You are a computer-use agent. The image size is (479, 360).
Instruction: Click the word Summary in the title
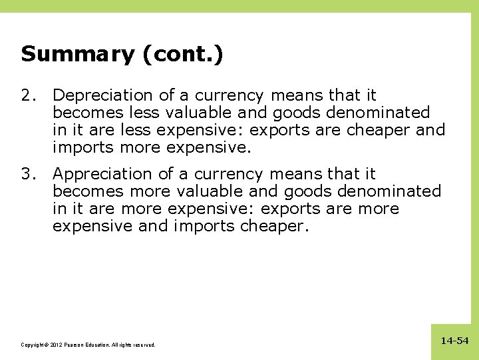[x=77, y=54]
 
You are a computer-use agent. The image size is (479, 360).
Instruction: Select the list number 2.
[x=27, y=96]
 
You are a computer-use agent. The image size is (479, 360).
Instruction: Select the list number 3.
[x=27, y=174]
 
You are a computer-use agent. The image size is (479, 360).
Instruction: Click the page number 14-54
[x=454, y=341]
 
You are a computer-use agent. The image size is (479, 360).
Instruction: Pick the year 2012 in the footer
[x=51, y=345]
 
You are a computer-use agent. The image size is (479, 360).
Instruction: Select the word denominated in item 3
[x=389, y=191]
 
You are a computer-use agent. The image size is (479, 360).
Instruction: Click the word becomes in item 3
[x=88, y=191]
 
